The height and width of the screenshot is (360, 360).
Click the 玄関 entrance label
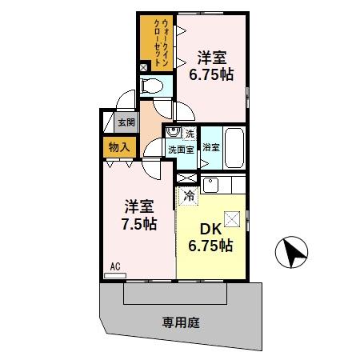click(x=126, y=122)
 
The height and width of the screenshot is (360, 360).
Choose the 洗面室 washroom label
click(x=181, y=149)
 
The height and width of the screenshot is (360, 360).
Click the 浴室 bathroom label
click(x=211, y=147)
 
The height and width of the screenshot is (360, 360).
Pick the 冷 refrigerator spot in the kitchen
click(x=190, y=194)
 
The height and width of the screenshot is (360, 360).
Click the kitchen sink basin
click(x=210, y=186)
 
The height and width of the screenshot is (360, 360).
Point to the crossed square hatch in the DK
click(x=232, y=218)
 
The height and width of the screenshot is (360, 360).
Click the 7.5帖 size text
click(x=133, y=223)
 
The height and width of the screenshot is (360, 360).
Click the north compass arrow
click(x=291, y=255)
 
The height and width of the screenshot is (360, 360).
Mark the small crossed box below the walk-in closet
click(x=143, y=68)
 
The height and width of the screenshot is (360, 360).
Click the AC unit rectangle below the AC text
click(x=115, y=274)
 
